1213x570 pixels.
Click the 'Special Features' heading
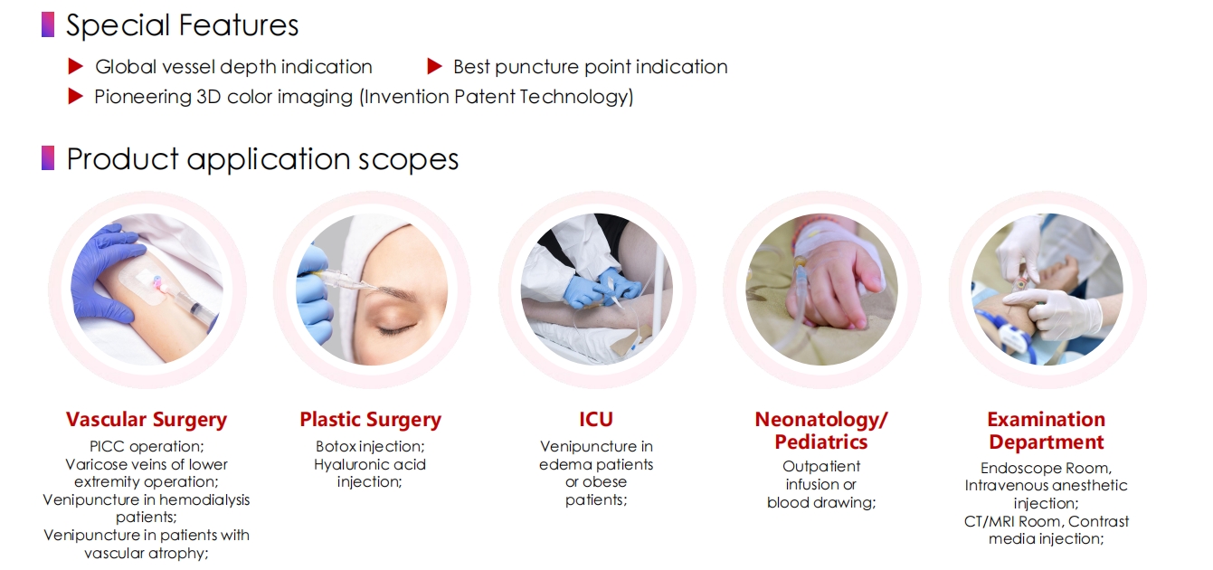tap(182, 25)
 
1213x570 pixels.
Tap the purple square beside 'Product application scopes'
tap(48, 158)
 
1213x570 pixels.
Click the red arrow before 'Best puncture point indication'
tap(435, 67)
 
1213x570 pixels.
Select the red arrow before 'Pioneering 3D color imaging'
tap(76, 97)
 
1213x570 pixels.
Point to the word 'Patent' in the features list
tap(485, 97)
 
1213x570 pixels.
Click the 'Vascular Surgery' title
tap(147, 420)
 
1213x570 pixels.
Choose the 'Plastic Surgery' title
tap(370, 420)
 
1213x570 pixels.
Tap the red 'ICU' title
tap(596, 420)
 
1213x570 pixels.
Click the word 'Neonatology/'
tap(821, 420)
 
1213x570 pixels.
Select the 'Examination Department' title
tap(1047, 431)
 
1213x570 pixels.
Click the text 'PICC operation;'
tap(147, 446)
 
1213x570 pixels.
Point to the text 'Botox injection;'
tap(370, 446)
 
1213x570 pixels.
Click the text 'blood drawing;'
tap(821, 503)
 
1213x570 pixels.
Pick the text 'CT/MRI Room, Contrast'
tap(1047, 521)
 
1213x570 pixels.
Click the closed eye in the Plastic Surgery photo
tap(397, 329)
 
